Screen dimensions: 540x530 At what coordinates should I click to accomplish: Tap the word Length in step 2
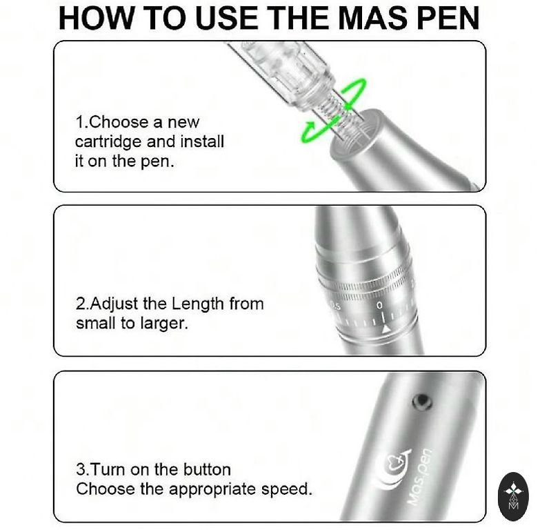coord(198,304)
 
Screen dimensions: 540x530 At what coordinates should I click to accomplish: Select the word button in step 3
coord(207,469)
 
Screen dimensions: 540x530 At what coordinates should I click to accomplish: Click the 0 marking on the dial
coord(379,305)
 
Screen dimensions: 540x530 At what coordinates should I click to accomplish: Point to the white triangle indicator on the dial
coord(387,329)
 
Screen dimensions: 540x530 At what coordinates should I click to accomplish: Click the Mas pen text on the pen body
coord(419,477)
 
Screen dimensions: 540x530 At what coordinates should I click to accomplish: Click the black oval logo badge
coord(513,497)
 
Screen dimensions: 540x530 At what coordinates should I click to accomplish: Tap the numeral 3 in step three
coord(80,469)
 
